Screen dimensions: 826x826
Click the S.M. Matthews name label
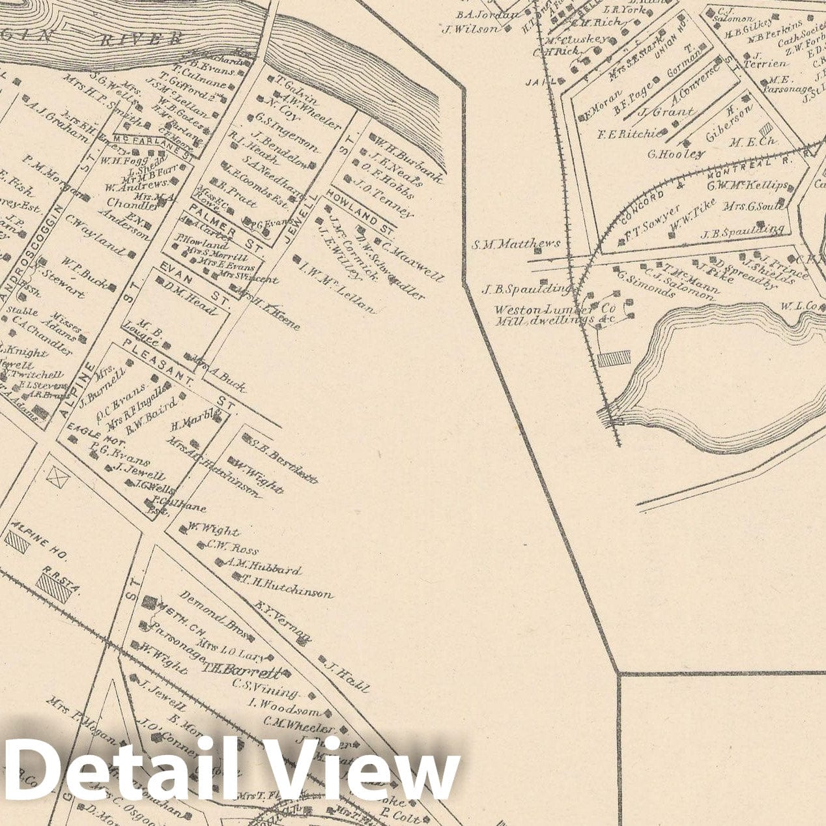click(x=516, y=244)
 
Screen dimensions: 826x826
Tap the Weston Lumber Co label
click(x=555, y=309)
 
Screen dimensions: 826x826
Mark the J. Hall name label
click(x=346, y=675)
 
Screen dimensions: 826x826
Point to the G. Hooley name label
click(x=676, y=154)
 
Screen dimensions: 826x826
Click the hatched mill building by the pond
click(x=614, y=358)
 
